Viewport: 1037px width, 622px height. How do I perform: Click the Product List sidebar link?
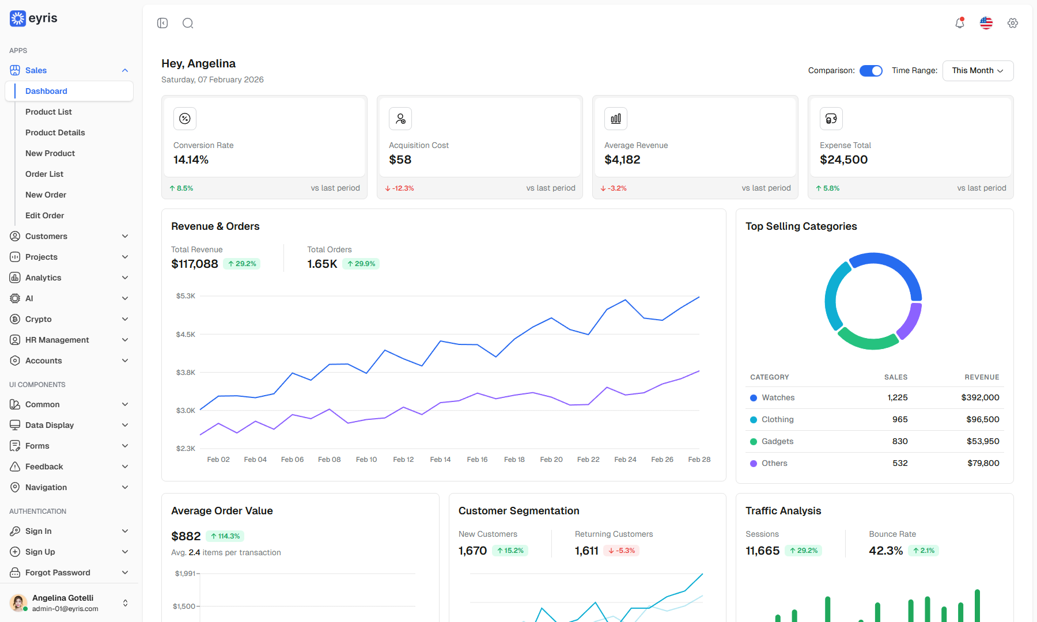tap(48, 112)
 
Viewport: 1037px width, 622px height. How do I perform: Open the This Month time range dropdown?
tap(978, 71)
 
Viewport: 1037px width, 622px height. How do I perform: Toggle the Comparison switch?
tap(871, 71)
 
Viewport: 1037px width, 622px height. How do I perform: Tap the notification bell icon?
tap(960, 23)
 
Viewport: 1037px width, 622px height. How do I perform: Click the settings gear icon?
tap(1013, 23)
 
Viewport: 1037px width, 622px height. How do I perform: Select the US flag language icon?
tap(986, 23)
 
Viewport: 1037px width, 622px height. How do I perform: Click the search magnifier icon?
tap(188, 23)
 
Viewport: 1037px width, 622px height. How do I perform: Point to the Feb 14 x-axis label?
tap(440, 460)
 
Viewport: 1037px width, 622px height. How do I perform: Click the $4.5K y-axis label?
tap(186, 335)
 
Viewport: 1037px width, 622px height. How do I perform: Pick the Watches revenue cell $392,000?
tap(980, 397)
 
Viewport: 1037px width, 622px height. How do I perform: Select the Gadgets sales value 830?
tap(900, 441)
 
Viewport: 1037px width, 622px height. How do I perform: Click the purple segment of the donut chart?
tap(911, 321)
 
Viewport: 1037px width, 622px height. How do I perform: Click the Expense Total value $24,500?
tap(843, 160)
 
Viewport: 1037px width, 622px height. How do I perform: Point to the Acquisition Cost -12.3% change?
tap(399, 188)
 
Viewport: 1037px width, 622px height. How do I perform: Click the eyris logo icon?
tap(18, 18)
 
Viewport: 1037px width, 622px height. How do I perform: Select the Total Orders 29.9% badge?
tap(361, 264)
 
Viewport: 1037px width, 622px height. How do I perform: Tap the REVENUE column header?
tap(982, 377)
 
